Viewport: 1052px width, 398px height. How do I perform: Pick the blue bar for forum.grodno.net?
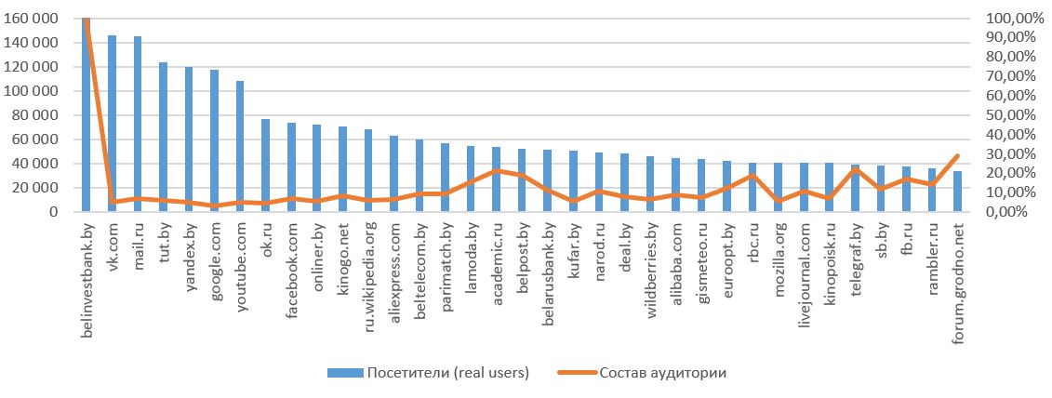[x=957, y=192]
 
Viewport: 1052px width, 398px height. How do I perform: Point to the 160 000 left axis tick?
[x=33, y=19]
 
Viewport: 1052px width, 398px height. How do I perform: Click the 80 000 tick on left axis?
[x=37, y=115]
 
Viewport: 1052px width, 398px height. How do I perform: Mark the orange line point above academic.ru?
[x=496, y=171]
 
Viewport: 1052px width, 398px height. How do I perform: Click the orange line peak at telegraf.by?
[x=855, y=169]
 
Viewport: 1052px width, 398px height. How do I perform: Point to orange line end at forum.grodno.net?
[x=957, y=155]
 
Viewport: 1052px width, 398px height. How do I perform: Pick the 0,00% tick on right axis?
[x=1004, y=212]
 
